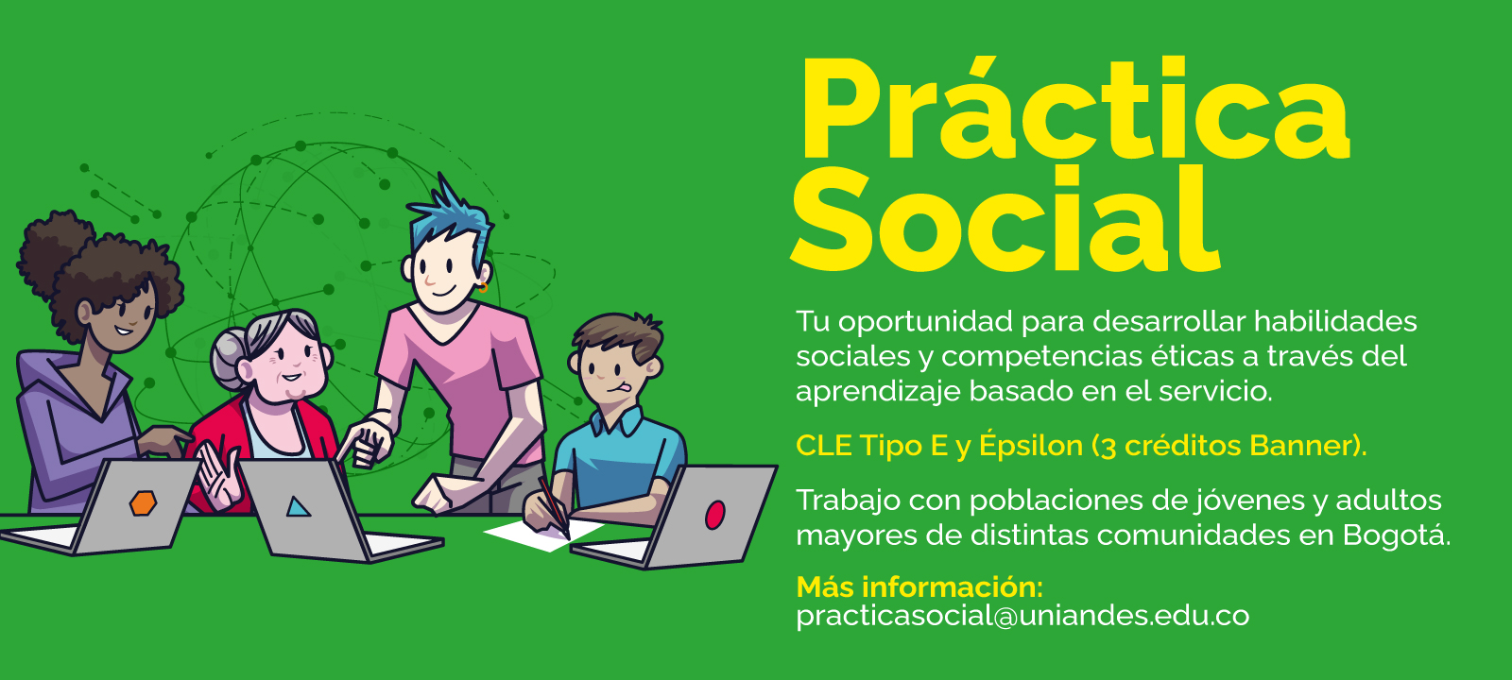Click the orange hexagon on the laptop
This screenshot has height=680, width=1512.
click(x=143, y=503)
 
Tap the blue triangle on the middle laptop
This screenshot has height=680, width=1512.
click(x=298, y=507)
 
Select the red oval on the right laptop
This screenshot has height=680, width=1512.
click(x=714, y=515)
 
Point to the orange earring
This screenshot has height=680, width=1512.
click(x=483, y=287)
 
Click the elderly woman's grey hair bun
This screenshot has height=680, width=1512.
click(x=227, y=358)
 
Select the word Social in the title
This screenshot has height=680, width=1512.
click(x=1005, y=219)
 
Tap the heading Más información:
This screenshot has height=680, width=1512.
click(x=920, y=586)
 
